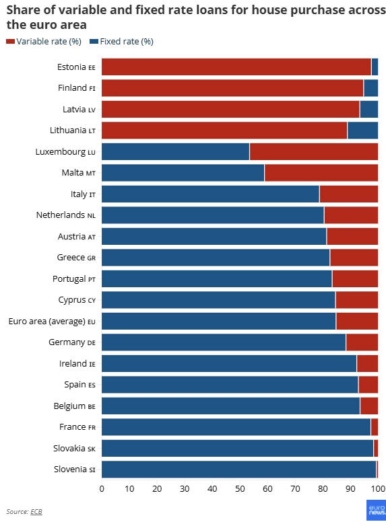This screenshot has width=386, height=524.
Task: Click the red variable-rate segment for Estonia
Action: [236, 67]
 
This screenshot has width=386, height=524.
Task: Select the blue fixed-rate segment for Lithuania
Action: [363, 130]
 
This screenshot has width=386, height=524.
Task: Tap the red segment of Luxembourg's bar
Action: [314, 152]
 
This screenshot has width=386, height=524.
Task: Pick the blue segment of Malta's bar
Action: [183, 173]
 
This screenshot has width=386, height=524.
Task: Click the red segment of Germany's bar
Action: [362, 342]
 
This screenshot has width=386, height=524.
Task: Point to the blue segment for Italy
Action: [211, 194]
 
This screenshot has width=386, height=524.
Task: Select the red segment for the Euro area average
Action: [357, 321]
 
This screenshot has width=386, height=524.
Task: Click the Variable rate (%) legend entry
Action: [44, 42]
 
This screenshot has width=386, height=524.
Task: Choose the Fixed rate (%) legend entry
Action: [122, 42]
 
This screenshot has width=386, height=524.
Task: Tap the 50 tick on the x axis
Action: [240, 488]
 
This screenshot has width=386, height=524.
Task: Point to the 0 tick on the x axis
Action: [102, 488]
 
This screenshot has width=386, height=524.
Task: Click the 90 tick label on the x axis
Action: [350, 488]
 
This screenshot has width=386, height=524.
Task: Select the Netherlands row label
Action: [66, 215]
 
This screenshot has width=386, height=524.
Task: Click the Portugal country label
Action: [74, 278]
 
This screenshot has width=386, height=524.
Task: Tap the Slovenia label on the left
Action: [75, 470]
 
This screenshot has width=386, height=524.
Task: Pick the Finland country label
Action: [77, 88]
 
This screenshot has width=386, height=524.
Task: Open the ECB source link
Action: [36, 512]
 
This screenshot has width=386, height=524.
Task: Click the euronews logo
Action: [376, 510]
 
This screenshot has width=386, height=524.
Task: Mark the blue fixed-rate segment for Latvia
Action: [369, 109]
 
